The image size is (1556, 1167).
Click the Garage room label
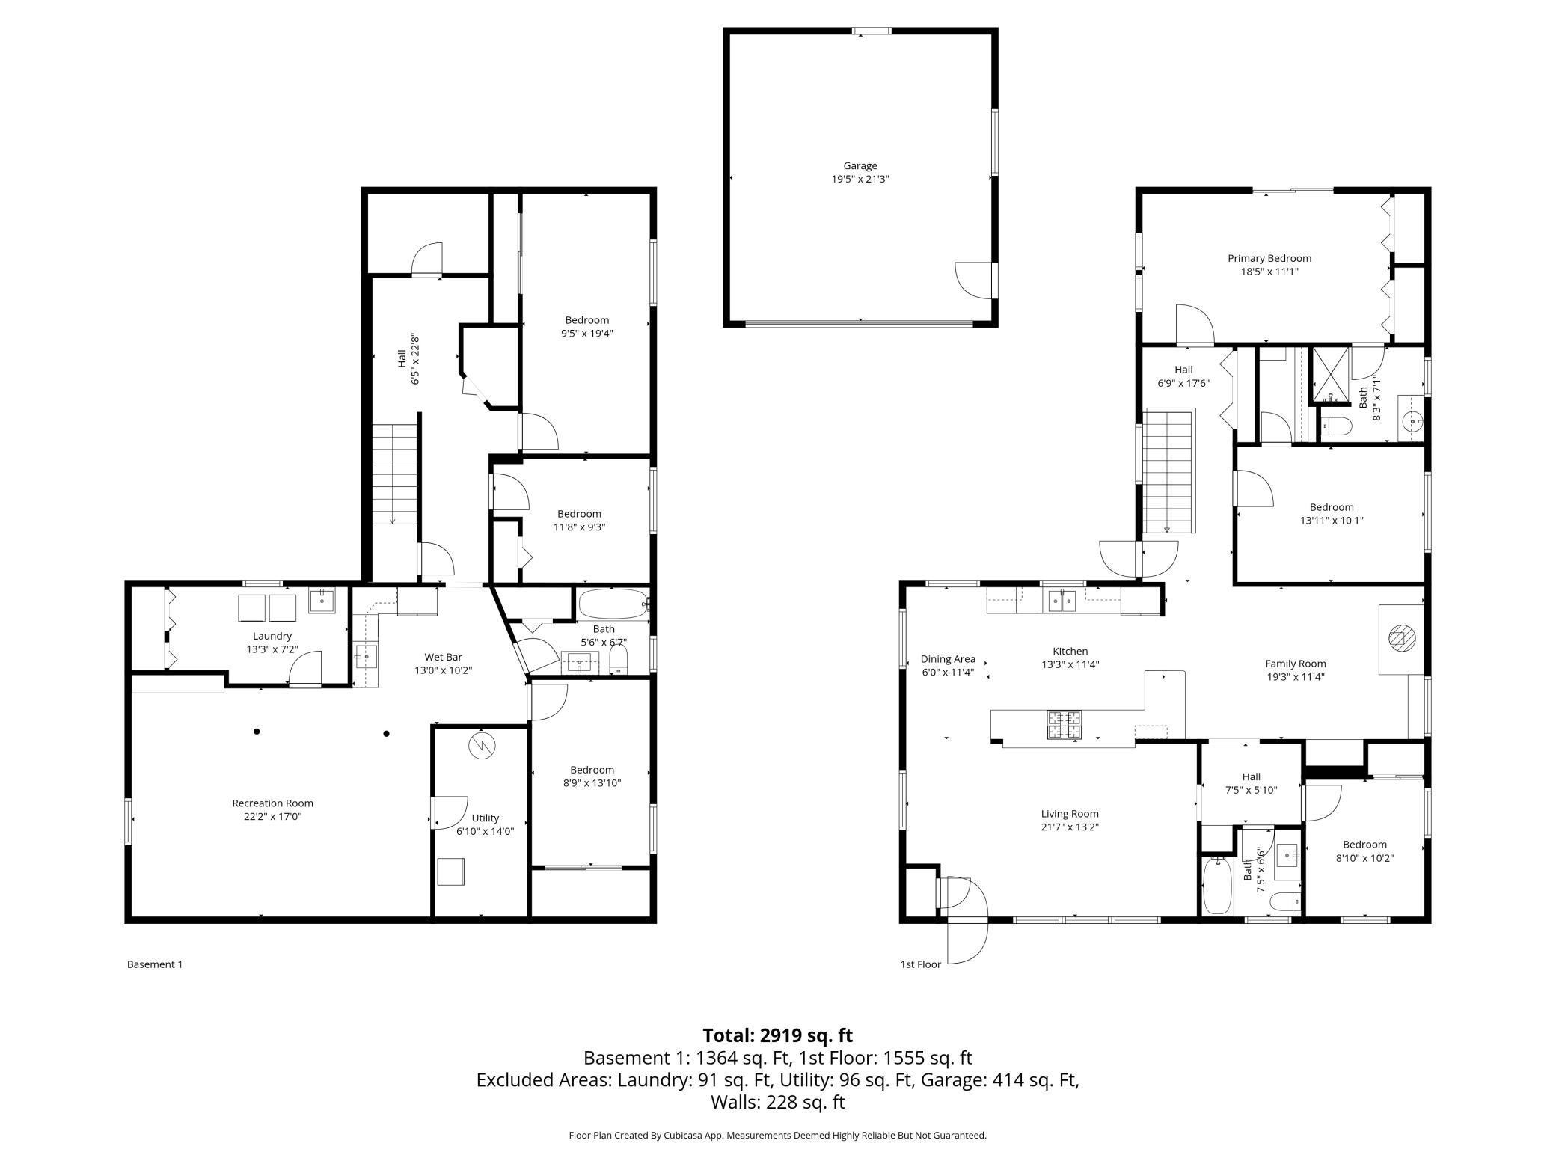(x=860, y=166)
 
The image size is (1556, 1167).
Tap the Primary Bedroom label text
(x=1269, y=258)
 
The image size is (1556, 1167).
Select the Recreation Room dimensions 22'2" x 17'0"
(x=272, y=816)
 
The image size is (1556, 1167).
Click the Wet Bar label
(x=443, y=657)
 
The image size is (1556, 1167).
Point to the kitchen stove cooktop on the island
(x=1064, y=725)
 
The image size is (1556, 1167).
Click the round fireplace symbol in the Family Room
(x=1401, y=638)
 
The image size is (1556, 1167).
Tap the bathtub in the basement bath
(x=612, y=603)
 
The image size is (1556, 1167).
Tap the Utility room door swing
(x=450, y=812)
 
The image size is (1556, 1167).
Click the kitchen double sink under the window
(x=1062, y=600)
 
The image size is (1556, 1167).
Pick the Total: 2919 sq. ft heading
(x=777, y=1035)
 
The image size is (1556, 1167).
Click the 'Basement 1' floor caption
(x=155, y=964)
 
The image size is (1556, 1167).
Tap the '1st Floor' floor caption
(x=920, y=964)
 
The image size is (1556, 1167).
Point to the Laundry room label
(x=272, y=636)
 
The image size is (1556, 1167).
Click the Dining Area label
(x=947, y=659)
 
